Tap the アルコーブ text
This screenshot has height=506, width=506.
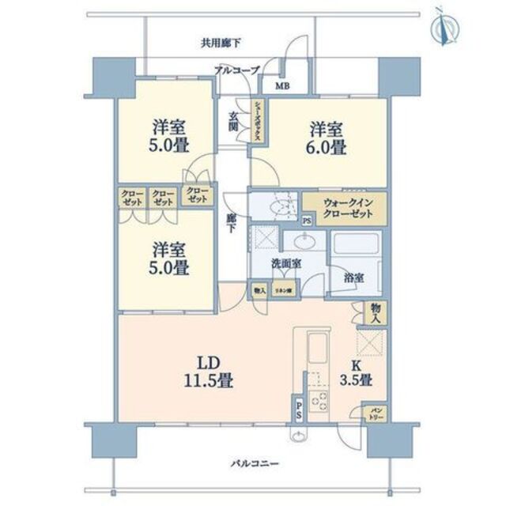(236, 71)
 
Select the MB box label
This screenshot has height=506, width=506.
(281, 87)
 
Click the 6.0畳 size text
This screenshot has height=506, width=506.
(327, 148)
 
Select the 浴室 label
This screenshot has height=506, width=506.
(353, 278)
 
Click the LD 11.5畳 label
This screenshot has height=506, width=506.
(208, 372)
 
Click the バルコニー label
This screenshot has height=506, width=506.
(255, 463)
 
